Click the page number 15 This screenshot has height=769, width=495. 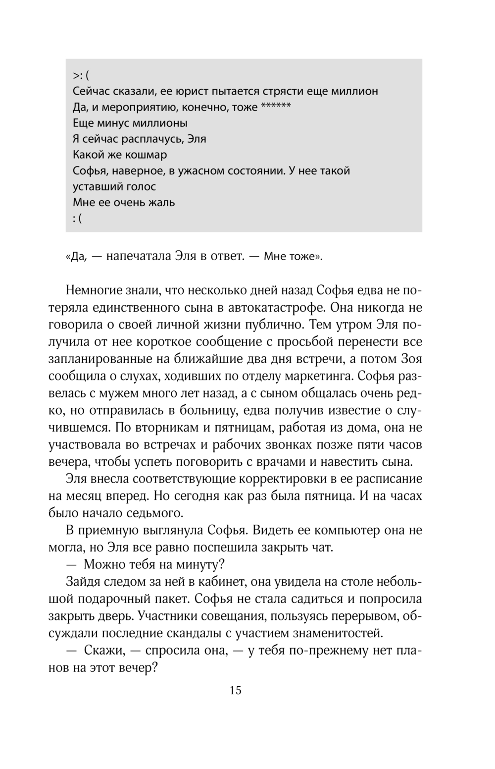[x=236, y=690]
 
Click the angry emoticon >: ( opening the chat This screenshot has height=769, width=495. [x=82, y=75]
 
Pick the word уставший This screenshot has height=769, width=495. [x=94, y=187]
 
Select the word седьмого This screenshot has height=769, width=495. [x=151, y=512]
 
